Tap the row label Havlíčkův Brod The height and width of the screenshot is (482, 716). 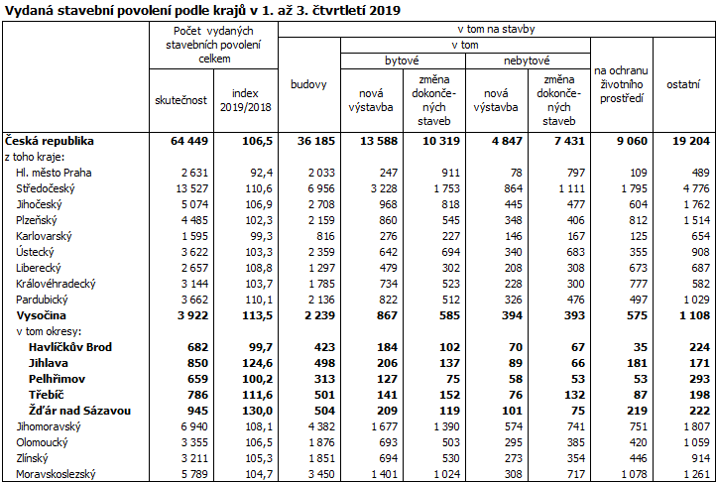pos(69,346)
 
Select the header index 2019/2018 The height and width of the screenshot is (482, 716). pos(245,100)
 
